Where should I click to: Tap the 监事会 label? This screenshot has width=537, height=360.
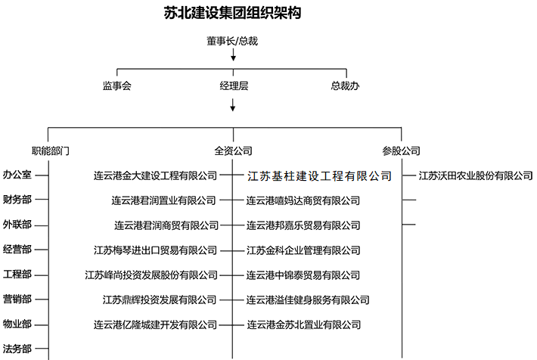(117, 86)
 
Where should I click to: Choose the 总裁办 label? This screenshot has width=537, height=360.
(345, 86)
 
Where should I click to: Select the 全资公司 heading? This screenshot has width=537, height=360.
(233, 151)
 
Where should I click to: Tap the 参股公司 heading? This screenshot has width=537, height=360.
(401, 151)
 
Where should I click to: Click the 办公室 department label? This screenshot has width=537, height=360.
(17, 175)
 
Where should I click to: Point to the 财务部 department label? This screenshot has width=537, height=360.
(17, 200)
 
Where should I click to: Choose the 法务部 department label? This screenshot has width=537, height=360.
(17, 349)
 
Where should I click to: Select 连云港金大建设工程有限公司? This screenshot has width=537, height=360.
(155, 175)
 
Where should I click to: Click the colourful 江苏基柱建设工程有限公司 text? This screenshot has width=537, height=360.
(319, 175)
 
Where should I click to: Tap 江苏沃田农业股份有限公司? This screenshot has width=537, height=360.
(475, 175)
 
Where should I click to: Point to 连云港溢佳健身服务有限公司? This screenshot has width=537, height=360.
(303, 299)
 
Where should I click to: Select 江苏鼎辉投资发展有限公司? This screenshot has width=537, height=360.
(160, 299)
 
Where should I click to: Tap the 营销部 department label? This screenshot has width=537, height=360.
(17, 299)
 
